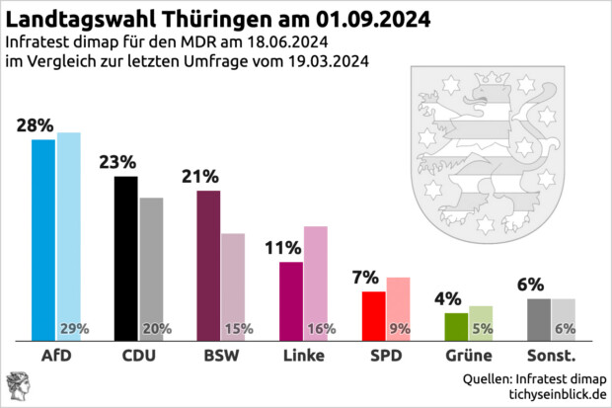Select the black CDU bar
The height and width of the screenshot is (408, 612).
click(126, 258)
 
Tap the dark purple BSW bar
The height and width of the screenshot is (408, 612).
click(208, 265)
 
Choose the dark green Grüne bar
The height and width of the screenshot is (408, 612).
click(456, 326)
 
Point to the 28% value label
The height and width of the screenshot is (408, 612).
click(35, 125)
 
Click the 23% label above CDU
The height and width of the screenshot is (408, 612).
click(117, 162)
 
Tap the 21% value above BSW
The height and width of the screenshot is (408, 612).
click(199, 177)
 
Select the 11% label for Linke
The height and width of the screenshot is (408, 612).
click(282, 248)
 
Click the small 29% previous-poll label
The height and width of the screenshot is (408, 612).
click(75, 329)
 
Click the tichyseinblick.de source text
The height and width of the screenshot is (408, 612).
click(555, 394)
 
